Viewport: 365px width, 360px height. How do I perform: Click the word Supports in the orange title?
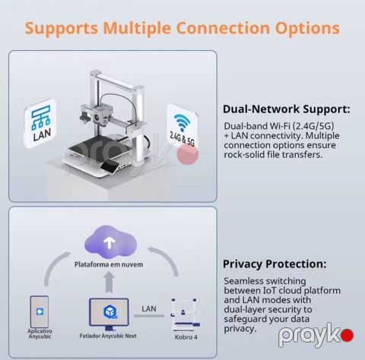tap(62, 28)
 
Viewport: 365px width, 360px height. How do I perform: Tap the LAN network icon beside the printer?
tap(40, 123)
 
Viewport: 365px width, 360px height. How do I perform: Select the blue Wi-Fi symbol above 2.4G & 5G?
tap(182, 122)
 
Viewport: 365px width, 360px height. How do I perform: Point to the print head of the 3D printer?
tap(100, 115)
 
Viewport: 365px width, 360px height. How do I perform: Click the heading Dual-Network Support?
tap(287, 109)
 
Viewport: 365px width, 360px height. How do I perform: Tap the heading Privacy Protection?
tap(275, 264)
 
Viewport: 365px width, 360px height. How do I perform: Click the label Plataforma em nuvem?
tap(109, 264)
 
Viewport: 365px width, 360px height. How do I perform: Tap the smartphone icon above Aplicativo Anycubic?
tap(40, 311)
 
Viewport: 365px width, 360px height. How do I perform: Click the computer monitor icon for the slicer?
tap(109, 314)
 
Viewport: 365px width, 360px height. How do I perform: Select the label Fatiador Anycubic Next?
tap(108, 336)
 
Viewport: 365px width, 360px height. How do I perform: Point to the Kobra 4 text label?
tap(186, 337)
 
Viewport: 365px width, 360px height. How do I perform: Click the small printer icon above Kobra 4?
tap(185, 314)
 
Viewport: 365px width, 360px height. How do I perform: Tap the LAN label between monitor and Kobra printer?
tap(149, 309)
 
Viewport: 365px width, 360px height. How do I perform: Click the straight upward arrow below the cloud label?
tap(109, 283)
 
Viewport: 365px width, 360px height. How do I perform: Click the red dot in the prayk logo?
tap(347, 336)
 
